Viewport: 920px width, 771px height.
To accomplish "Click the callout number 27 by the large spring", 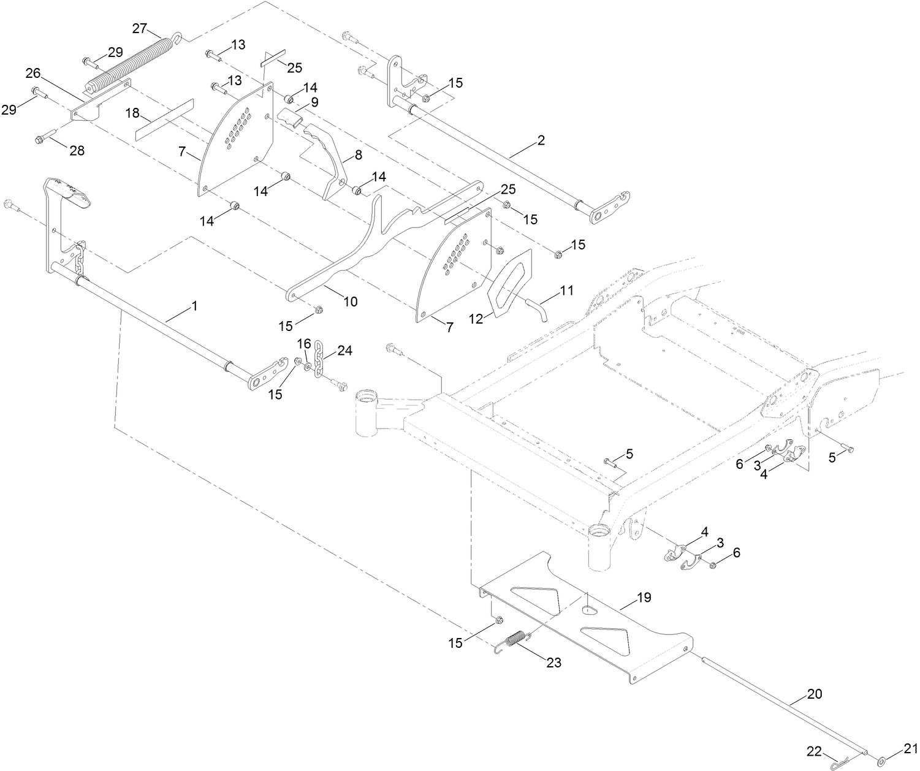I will click(140, 29).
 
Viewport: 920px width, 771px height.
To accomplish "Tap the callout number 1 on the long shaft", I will click(194, 305).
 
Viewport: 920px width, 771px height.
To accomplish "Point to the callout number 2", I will click(540, 140).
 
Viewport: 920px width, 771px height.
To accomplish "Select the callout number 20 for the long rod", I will click(815, 694).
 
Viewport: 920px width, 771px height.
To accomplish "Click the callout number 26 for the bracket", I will click(33, 74).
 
